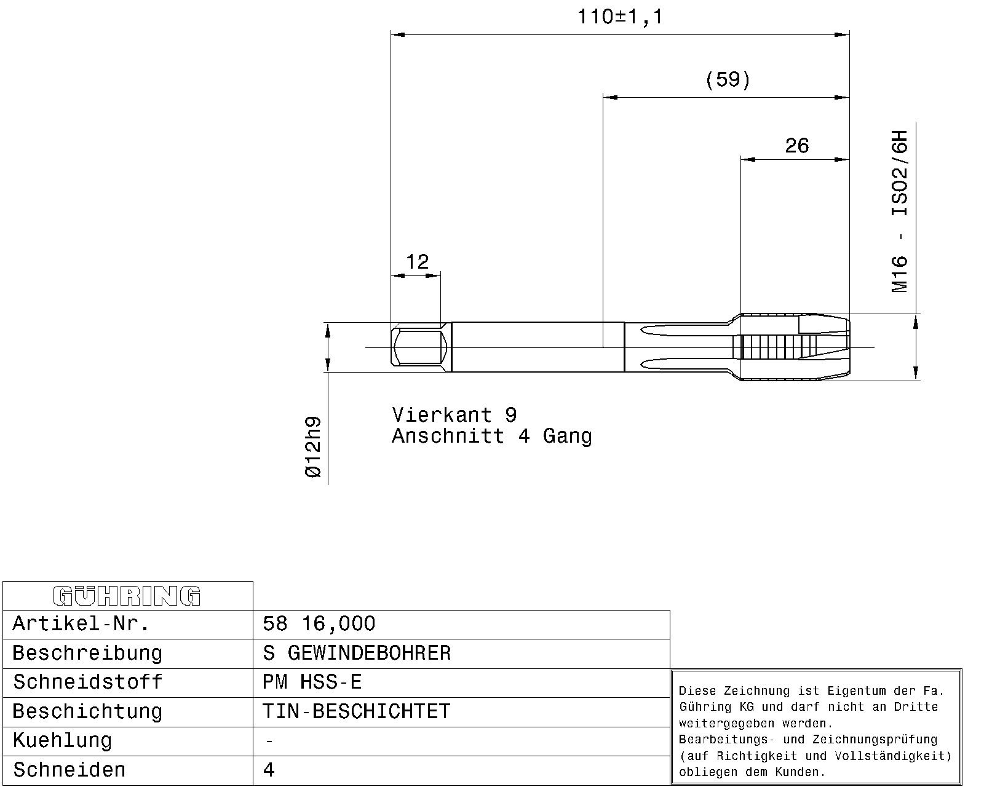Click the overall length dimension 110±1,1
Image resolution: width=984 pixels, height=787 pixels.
click(x=619, y=17)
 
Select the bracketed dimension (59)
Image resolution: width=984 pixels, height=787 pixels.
click(x=728, y=80)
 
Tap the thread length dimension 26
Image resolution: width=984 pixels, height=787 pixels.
click(x=796, y=146)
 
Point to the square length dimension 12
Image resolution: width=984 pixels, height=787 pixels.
click(x=417, y=262)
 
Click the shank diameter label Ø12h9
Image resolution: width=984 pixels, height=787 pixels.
click(x=313, y=447)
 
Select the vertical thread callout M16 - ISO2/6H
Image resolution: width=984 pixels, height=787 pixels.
click(x=899, y=212)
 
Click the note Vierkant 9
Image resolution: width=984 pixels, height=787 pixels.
click(x=454, y=415)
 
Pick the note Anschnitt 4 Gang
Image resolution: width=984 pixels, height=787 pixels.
click(x=492, y=437)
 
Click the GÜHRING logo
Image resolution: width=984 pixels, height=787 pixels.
click(x=127, y=596)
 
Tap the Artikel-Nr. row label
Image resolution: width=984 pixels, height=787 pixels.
click(x=81, y=623)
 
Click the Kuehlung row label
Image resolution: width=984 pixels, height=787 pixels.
click(x=62, y=741)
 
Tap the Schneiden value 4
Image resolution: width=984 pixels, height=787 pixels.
click(x=269, y=770)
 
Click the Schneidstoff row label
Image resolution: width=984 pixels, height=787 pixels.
click(x=87, y=682)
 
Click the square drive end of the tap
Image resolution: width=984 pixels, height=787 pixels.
click(x=421, y=347)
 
